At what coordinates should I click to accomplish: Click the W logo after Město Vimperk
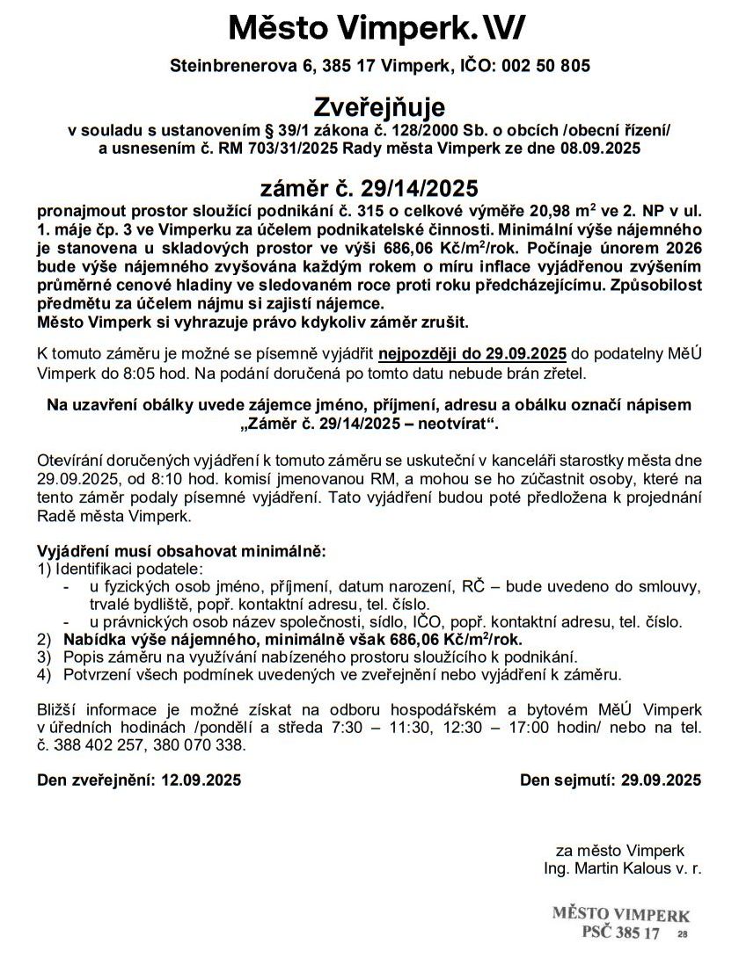(x=507, y=29)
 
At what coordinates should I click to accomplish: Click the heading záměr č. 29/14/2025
(x=369, y=189)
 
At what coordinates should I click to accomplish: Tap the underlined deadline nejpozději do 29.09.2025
(x=472, y=354)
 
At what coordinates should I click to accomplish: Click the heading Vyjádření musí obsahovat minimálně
(x=181, y=551)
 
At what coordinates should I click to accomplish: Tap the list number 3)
(x=44, y=657)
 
